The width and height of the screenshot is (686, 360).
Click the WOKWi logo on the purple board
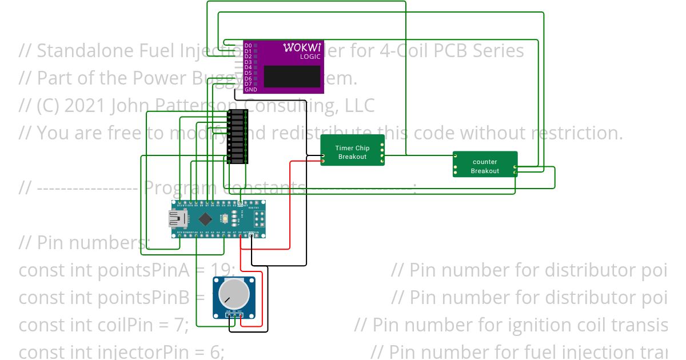[302, 47]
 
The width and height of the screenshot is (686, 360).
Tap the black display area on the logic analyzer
[292, 76]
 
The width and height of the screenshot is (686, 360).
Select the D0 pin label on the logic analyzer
[248, 45]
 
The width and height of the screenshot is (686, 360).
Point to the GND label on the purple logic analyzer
[250, 90]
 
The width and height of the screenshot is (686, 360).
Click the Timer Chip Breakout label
[352, 152]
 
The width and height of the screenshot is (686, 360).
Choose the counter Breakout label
[485, 166]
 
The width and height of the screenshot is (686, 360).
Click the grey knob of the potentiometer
[234, 294]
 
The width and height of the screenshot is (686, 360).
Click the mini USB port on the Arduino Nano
[175, 218]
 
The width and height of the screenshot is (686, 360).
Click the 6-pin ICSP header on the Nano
[258, 218]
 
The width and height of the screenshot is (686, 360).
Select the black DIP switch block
[237, 137]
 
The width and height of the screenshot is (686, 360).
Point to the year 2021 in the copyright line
[86, 106]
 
